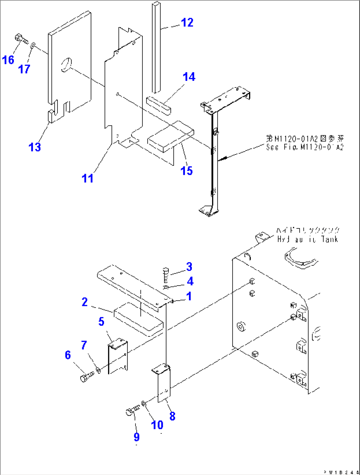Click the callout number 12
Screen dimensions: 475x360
(187, 22)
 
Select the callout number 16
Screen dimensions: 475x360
(8, 60)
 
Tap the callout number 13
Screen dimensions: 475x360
(35, 147)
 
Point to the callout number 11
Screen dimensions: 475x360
(88, 178)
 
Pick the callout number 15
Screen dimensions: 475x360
(187, 171)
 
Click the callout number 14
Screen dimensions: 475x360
(189, 77)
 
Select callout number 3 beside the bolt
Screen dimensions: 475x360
(189, 266)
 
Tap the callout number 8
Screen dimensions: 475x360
(172, 416)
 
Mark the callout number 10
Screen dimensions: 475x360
(157, 425)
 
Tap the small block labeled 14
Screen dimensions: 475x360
(159, 105)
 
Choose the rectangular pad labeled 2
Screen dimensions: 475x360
(138, 319)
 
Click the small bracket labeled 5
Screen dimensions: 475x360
(118, 356)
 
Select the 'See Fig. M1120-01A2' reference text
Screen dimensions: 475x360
(305, 147)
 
